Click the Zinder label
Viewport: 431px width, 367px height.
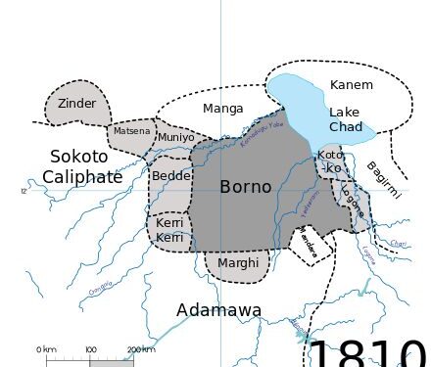(x=76, y=103)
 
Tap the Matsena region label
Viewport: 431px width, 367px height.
(x=131, y=131)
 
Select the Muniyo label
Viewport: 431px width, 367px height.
(x=176, y=137)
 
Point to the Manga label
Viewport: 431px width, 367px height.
(x=222, y=109)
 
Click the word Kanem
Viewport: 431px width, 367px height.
(x=351, y=85)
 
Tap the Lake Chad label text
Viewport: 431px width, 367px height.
(x=345, y=119)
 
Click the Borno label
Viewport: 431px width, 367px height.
(x=245, y=186)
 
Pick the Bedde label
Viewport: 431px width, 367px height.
(x=171, y=176)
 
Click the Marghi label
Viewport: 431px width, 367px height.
(x=239, y=262)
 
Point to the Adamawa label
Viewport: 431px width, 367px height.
(x=218, y=310)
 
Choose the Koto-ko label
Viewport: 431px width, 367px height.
(x=331, y=161)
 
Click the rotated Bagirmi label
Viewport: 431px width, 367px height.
(x=384, y=181)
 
